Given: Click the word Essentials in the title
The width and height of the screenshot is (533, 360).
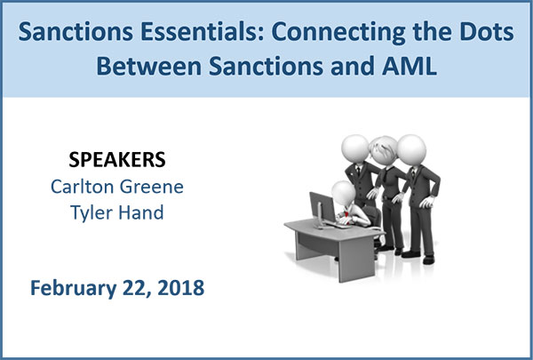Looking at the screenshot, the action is click(x=202, y=31).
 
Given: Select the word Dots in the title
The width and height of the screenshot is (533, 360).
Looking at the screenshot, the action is click(x=489, y=31).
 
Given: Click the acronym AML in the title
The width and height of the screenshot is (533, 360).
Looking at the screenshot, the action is click(x=410, y=66).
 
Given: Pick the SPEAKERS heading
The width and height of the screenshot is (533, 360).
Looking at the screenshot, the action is click(x=117, y=159).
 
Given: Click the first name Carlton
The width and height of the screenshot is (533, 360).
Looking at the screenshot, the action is click(x=82, y=186).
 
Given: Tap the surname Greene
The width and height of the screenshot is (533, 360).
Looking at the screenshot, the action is click(x=152, y=187).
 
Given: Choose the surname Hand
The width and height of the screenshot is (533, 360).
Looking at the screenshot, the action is click(x=141, y=212).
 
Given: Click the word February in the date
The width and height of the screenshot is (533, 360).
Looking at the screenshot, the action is click(x=74, y=288).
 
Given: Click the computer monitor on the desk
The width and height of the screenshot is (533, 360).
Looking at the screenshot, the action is click(x=322, y=208).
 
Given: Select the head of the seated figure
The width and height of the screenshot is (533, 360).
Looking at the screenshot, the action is click(x=343, y=193).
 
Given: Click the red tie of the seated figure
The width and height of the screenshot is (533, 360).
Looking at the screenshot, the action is click(x=346, y=215).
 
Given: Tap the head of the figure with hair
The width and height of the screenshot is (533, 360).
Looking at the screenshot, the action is click(x=384, y=149).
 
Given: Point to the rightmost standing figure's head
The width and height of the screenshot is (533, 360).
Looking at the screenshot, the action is click(x=411, y=150).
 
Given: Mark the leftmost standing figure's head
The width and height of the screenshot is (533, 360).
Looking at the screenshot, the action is click(x=355, y=149).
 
